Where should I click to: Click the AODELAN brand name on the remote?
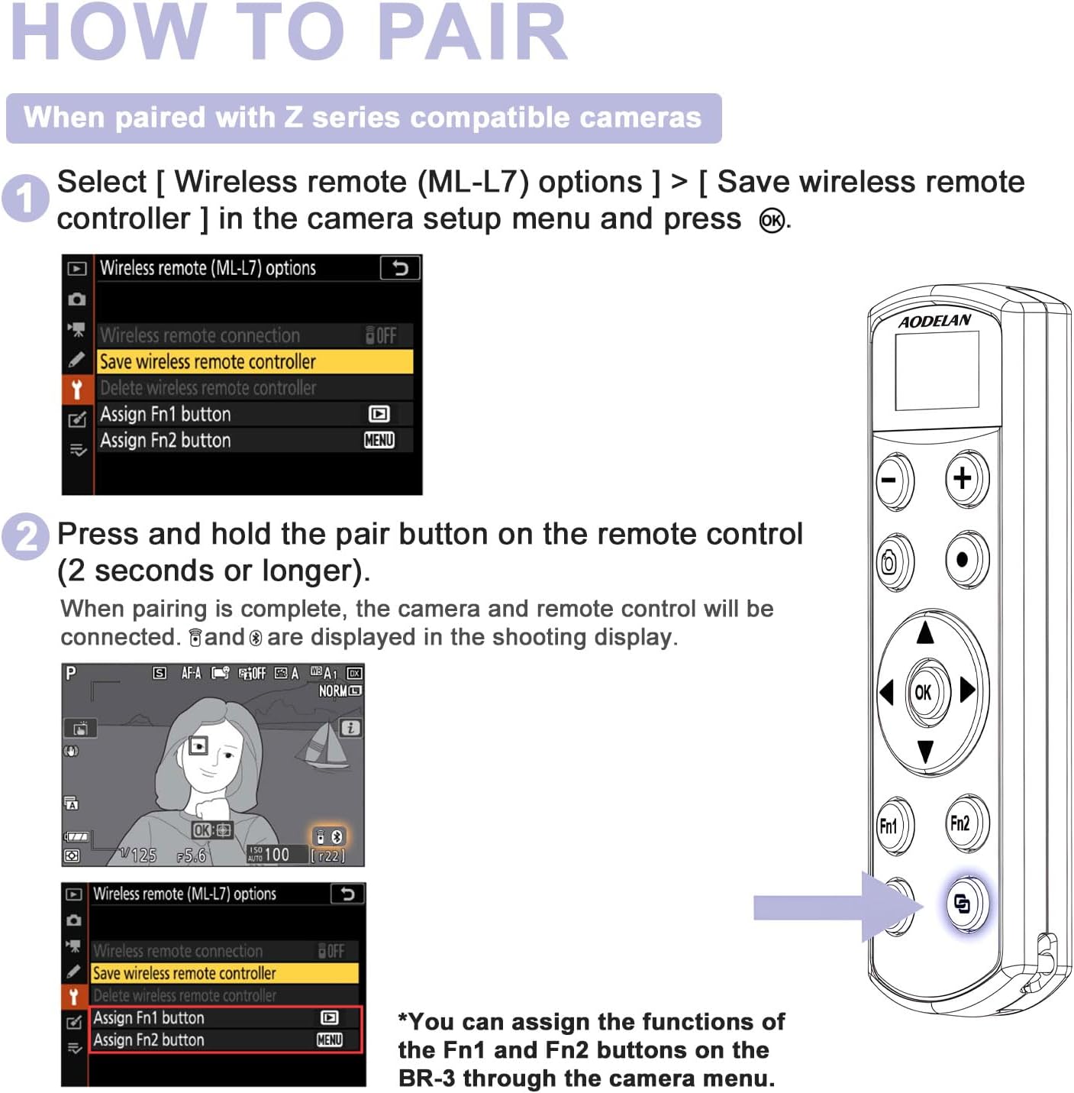(934, 321)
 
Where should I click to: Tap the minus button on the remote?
(890, 481)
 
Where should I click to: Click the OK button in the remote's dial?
(923, 692)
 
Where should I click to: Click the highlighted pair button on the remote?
(963, 904)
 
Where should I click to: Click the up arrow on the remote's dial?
(925, 632)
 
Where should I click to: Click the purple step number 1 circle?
(25, 199)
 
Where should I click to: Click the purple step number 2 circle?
(25, 535)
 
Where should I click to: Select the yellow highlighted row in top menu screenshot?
(255, 361)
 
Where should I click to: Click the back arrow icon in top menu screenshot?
(400, 268)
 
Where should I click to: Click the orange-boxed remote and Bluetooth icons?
(328, 836)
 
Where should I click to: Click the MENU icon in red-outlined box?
(329, 1040)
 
